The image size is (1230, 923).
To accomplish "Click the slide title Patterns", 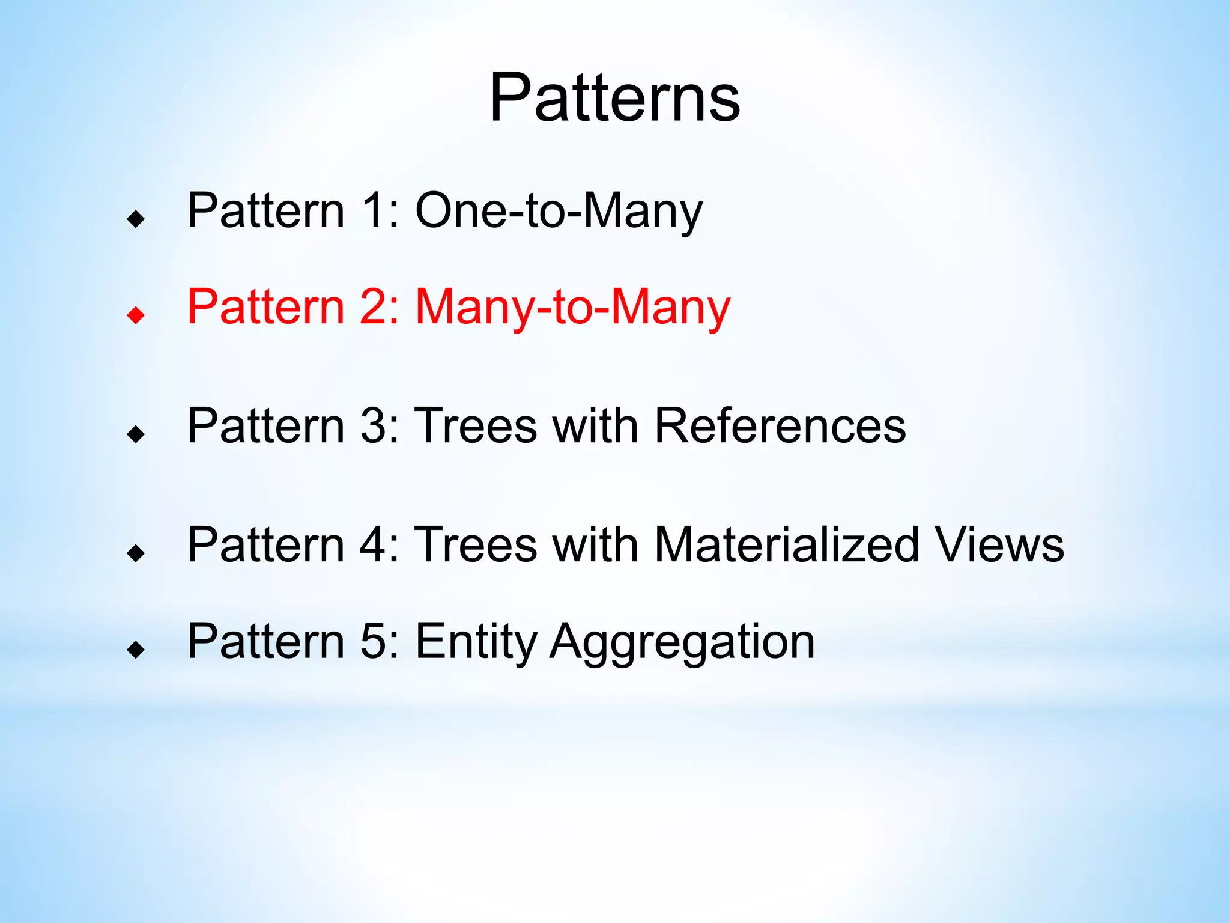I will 614,97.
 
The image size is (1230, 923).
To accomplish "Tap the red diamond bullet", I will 136,314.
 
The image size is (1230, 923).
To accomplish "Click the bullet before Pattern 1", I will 136,219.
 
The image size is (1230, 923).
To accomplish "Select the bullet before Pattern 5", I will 136,649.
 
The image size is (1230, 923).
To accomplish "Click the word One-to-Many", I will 559,210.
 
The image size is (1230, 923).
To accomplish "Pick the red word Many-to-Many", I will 572,307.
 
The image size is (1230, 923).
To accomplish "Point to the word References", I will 780,425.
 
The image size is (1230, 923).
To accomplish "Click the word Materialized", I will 786,544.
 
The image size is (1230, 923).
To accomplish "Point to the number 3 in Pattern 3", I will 372,425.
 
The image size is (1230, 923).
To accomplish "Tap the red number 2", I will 372,307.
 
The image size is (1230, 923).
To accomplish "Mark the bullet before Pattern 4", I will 136,553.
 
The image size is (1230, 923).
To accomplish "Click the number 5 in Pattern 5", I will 372,642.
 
